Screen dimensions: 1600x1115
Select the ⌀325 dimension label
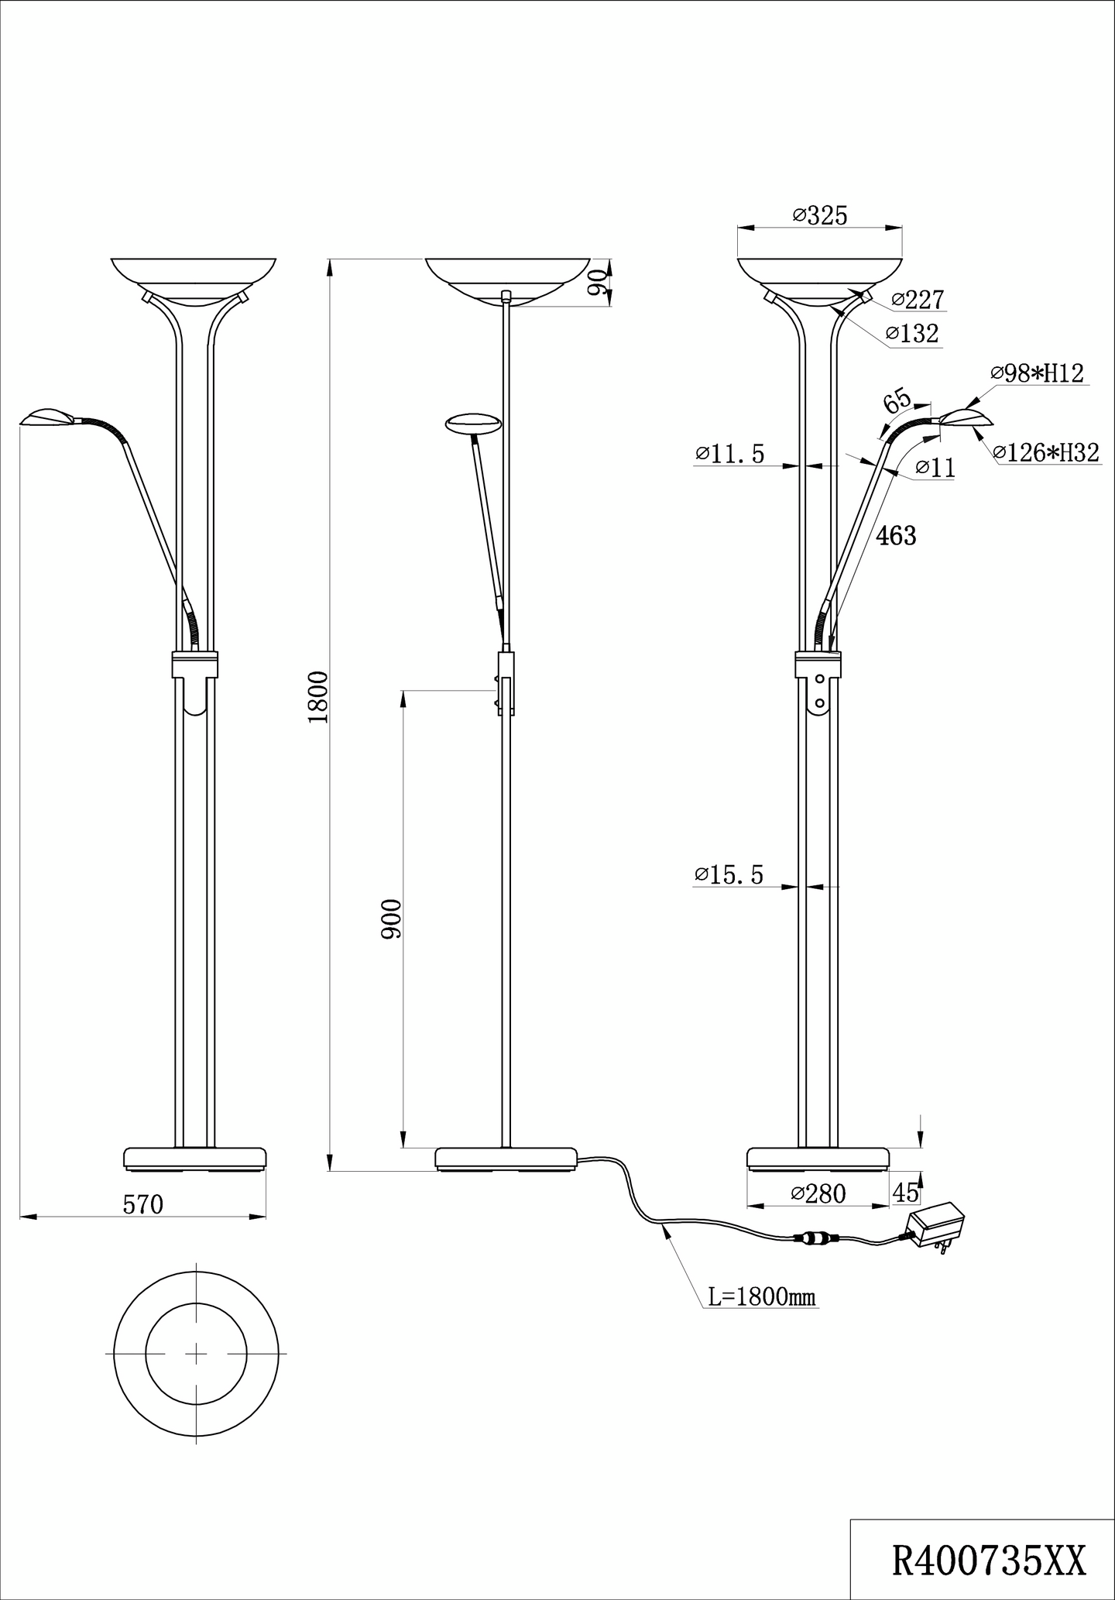pos(820,215)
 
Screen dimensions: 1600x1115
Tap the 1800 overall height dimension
pos(318,697)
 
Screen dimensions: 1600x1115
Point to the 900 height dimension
pos(392,919)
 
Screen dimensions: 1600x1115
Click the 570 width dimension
pos(143,1204)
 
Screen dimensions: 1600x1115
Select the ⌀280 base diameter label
pos(818,1193)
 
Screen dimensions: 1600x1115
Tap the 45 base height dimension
pos(906,1193)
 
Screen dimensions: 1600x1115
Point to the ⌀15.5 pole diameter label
pos(729,875)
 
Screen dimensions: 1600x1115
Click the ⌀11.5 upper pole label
pos(729,454)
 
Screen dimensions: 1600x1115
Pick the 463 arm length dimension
pos(896,535)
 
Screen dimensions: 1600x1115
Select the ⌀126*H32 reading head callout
pos(1046,453)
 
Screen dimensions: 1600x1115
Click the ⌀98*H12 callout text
pos(1038,373)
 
